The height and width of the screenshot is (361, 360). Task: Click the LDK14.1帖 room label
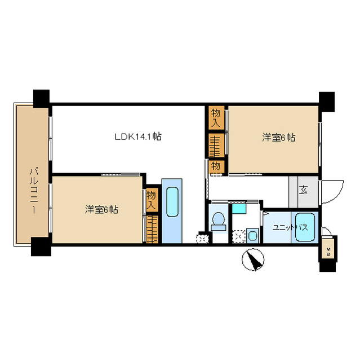pyautogui.click(x=138, y=137)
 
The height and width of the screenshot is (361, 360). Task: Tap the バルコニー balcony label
pyautogui.click(x=34, y=191)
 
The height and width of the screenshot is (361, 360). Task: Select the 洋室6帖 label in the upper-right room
pyautogui.click(x=279, y=138)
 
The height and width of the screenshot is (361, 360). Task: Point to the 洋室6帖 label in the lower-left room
pyautogui.click(x=101, y=209)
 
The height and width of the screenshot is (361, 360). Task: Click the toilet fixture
pyautogui.click(x=218, y=221)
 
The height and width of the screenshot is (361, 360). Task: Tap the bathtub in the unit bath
pyautogui.click(x=305, y=227)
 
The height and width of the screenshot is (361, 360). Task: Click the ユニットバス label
pyautogui.click(x=290, y=228)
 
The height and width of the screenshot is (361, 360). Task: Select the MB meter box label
pyautogui.click(x=328, y=252)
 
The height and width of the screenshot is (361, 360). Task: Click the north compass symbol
pyautogui.click(x=253, y=259)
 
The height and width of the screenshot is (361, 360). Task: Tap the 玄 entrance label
pyautogui.click(x=303, y=190)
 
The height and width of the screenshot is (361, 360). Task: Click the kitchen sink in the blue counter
pyautogui.click(x=172, y=202)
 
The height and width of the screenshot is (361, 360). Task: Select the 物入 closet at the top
pyautogui.click(x=216, y=117)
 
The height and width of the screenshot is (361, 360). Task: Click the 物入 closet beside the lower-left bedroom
pyautogui.click(x=152, y=200)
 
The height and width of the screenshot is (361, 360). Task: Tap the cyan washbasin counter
pyautogui.click(x=239, y=208)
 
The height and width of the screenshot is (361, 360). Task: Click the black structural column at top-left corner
pyautogui.click(x=41, y=99)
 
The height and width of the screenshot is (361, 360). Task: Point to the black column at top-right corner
pyautogui.click(x=326, y=102)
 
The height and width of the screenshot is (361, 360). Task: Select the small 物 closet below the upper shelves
pyautogui.click(x=216, y=166)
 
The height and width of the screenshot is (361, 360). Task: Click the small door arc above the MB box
pyautogui.click(x=327, y=231)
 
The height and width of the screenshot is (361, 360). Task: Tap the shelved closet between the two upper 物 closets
pyautogui.click(x=216, y=146)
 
